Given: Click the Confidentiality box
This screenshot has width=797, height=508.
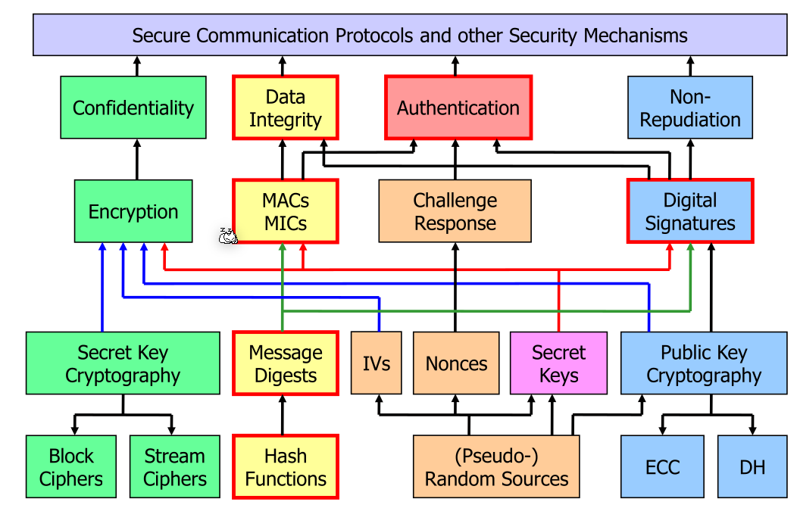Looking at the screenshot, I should (133, 108).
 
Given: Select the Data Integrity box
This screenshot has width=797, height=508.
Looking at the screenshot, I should (285, 108).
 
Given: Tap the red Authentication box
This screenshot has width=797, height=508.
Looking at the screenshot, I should (458, 108).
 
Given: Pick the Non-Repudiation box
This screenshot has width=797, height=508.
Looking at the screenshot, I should (690, 108).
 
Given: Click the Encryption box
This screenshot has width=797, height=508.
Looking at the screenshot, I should (133, 211).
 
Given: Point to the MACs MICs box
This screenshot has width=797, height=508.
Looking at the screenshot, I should (285, 211).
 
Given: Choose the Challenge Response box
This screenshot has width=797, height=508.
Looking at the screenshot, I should (455, 211).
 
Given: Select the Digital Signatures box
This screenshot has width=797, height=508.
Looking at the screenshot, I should (690, 211).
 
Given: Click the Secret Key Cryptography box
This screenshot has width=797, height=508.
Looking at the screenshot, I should (123, 363).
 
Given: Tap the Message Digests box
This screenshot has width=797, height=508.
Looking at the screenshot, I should (285, 363).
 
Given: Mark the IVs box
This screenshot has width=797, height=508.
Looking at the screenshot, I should (377, 363).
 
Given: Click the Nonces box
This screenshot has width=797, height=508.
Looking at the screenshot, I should (456, 363).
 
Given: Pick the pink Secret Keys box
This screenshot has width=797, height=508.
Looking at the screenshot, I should (558, 363).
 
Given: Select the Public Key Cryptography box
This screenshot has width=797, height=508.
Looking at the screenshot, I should (704, 363).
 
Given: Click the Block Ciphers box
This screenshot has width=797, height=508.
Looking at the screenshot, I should (71, 467).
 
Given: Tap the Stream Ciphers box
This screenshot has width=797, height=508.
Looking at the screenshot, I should (175, 467).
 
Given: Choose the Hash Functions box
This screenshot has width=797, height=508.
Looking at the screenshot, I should (285, 467).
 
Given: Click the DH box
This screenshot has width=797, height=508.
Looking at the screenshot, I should (752, 467).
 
